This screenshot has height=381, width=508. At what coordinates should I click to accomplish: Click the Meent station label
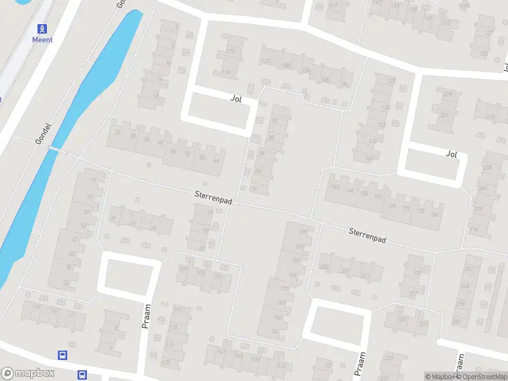point(43,39)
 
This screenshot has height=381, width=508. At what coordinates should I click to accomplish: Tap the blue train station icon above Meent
point(43,28)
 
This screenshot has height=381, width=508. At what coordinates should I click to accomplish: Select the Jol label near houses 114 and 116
point(236,98)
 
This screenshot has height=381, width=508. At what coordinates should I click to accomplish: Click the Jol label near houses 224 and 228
point(451,154)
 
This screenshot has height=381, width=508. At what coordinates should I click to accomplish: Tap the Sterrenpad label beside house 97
point(214,199)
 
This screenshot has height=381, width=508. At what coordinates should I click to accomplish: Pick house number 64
point(216,160)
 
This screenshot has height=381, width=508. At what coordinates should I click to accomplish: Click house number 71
point(95,181)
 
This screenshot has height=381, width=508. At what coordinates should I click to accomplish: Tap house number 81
point(133,223)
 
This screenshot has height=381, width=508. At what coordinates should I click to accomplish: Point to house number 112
point(265,62)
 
